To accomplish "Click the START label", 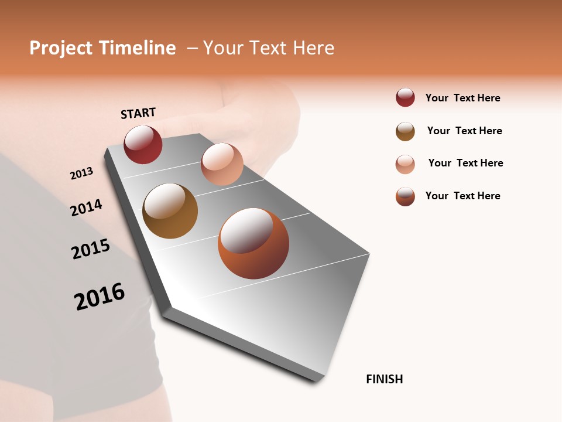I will (138, 113).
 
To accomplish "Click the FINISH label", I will (384, 379).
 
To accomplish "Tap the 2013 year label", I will (81, 173).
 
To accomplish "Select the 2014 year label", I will (86, 207).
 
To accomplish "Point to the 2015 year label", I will (91, 249).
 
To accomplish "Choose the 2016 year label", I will (100, 296).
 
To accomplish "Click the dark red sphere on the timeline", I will (143, 144).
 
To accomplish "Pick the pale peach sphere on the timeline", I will (222, 164).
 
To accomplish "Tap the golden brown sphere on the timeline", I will (170, 211).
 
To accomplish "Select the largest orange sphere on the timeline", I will (253, 243).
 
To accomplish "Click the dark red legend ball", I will (405, 97).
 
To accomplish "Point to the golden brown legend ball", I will (405, 131).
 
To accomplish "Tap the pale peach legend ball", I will (405, 164).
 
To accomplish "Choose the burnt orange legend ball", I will (405, 196).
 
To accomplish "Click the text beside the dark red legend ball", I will (462, 98).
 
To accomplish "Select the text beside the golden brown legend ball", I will (464, 131).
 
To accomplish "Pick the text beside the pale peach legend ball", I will (465, 163).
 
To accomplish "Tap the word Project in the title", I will (61, 48).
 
